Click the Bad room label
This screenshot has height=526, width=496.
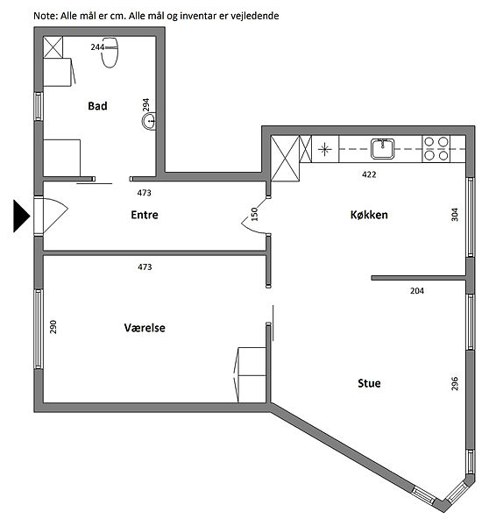point(97,106)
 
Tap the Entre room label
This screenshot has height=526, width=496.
point(145,215)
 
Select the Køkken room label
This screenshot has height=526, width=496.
point(369,215)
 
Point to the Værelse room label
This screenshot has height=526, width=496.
point(145,328)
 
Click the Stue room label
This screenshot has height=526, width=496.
point(369,383)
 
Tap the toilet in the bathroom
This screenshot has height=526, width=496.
point(110,53)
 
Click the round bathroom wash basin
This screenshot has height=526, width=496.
point(149,121)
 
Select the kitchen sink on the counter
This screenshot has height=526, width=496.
point(382,149)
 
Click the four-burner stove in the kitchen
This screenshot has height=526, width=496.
point(436,149)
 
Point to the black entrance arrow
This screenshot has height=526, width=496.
point(22,216)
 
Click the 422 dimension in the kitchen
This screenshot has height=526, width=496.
point(369,174)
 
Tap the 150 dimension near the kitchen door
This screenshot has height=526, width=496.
point(254,214)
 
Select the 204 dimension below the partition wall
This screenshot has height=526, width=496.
point(417,291)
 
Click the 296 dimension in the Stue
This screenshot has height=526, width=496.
point(455,383)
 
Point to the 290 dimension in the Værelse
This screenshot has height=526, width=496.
point(53,327)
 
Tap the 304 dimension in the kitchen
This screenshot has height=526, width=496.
point(455,215)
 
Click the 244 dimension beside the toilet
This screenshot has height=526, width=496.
point(97,47)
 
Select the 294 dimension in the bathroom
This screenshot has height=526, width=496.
point(145,105)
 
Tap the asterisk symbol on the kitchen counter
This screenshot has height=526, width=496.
point(324,149)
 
